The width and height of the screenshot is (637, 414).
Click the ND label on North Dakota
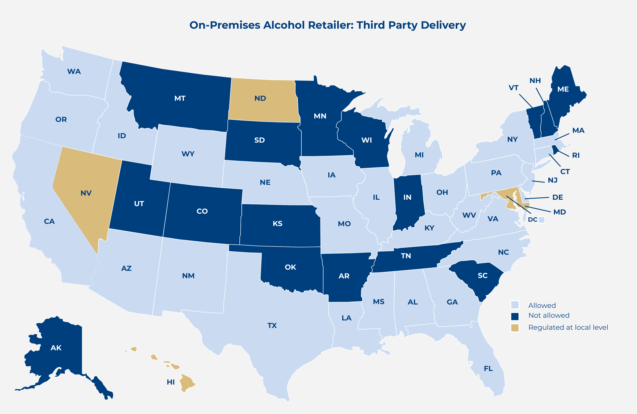click(260, 98)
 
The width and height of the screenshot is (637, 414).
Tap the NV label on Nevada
click(86, 193)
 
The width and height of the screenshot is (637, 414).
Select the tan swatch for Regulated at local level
click(515, 328)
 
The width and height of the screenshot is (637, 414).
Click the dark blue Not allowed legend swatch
click(515, 316)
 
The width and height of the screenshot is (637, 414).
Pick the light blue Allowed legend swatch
click(515, 305)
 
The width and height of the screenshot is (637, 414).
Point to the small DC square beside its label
click(541, 220)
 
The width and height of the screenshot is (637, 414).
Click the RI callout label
click(576, 155)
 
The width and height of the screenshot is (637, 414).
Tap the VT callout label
click(513, 88)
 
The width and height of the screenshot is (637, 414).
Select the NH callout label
click(535, 81)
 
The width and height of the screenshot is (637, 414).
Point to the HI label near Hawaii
click(171, 382)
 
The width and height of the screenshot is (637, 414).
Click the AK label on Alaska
click(56, 348)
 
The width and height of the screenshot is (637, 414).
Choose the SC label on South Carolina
click(483, 275)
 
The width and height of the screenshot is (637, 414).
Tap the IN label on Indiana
click(407, 197)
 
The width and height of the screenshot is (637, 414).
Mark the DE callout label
click(558, 197)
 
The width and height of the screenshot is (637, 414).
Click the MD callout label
click(559, 212)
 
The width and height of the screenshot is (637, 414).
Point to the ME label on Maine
click(563, 89)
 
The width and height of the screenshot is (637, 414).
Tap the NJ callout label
click(552, 180)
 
